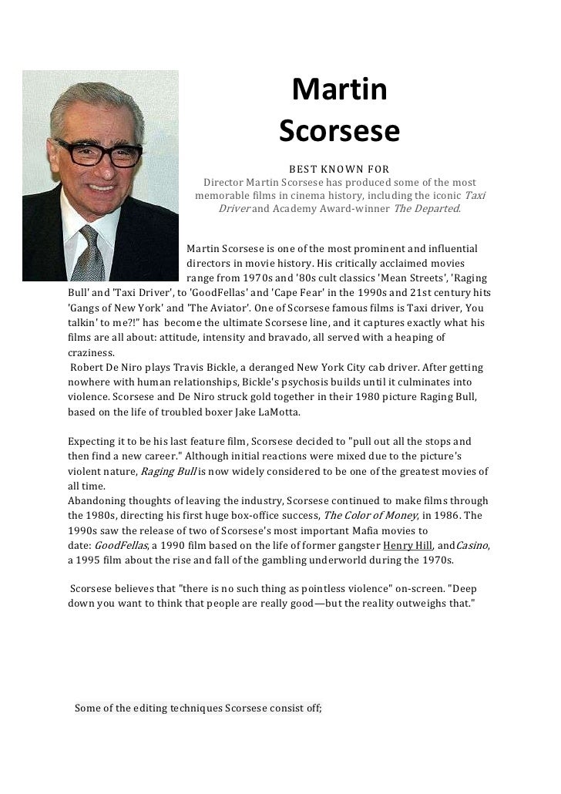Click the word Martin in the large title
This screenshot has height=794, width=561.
pos(339,92)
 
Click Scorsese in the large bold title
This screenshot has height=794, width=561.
pos(339,132)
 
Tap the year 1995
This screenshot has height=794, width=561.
pos(90,560)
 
